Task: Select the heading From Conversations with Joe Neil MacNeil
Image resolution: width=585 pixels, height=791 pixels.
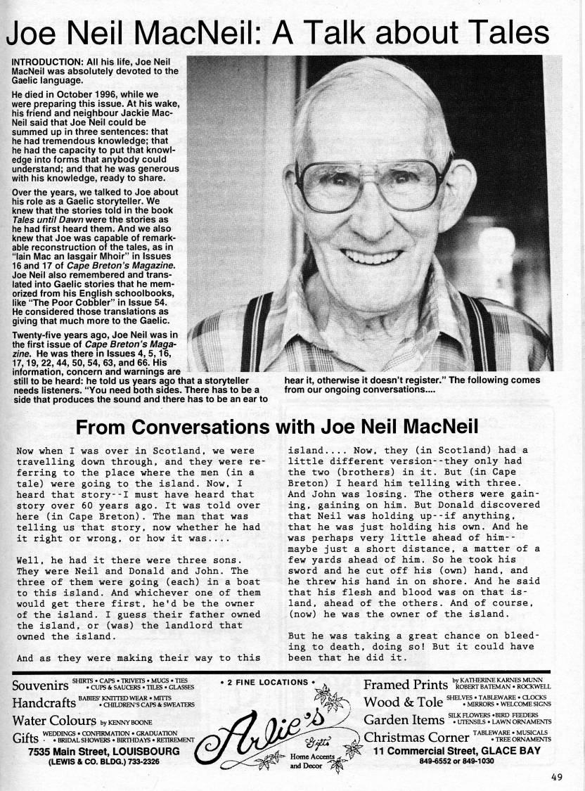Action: [x=277, y=427]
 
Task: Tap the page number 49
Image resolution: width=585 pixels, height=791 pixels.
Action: [x=558, y=777]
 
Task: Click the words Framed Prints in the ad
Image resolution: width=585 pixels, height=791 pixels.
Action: [x=405, y=685]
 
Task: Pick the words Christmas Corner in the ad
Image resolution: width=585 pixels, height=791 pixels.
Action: [x=416, y=738]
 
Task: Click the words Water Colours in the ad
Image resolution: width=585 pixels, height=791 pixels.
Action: [x=54, y=721]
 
